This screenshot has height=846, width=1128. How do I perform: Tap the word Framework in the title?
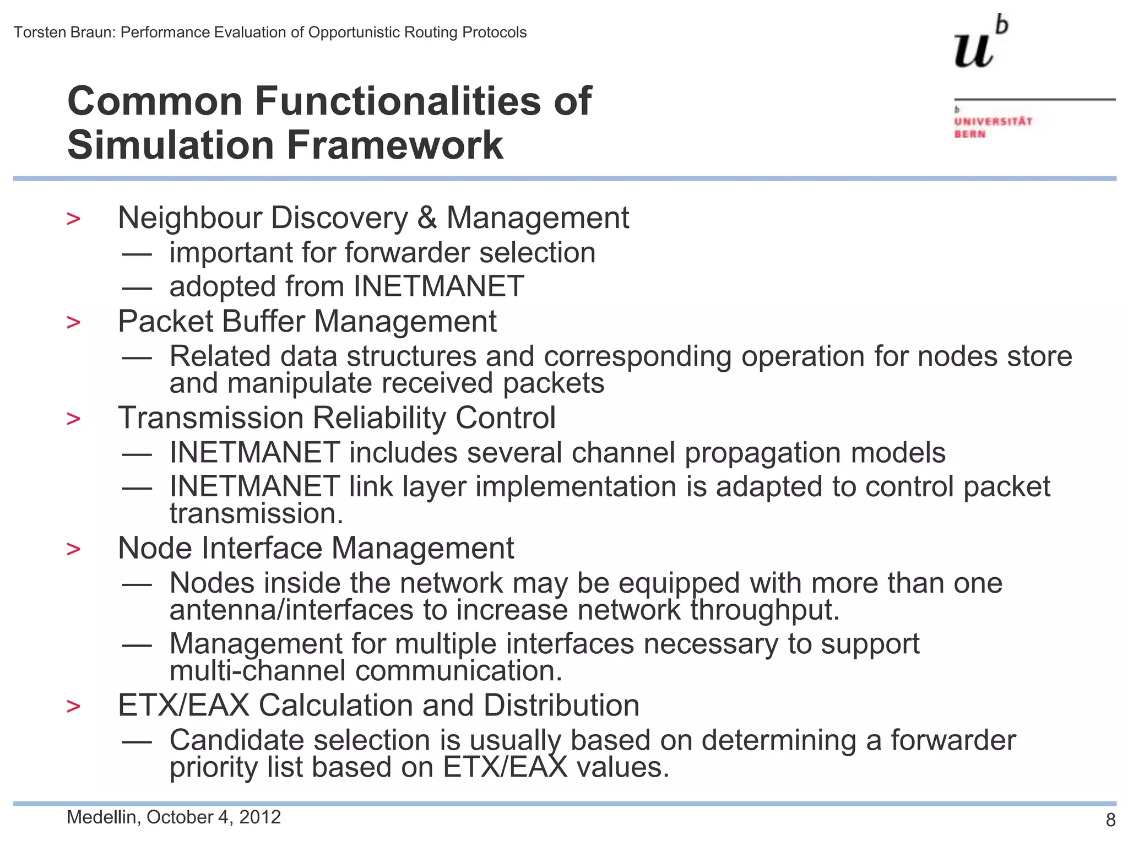tap(394, 145)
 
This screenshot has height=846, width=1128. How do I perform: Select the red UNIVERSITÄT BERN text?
tap(993, 127)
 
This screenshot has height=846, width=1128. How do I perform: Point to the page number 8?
tap(1110, 820)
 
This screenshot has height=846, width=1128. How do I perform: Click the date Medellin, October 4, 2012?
tap(173, 817)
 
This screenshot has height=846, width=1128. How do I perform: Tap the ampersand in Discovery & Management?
tap(427, 218)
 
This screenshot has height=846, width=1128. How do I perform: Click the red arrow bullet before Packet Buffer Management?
tap(73, 323)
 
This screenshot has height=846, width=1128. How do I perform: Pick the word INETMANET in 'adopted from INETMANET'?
tap(438, 287)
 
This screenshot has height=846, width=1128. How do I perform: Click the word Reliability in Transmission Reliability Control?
tap(379, 418)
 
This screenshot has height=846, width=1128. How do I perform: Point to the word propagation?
tap(762, 453)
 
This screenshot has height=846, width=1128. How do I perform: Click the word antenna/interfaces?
tap(291, 611)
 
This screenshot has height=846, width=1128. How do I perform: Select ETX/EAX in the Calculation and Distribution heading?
tap(183, 706)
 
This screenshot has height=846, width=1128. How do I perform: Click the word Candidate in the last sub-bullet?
tap(236, 741)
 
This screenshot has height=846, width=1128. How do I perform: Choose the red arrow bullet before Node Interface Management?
tap(73, 550)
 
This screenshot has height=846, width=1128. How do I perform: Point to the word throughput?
tap(765, 611)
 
